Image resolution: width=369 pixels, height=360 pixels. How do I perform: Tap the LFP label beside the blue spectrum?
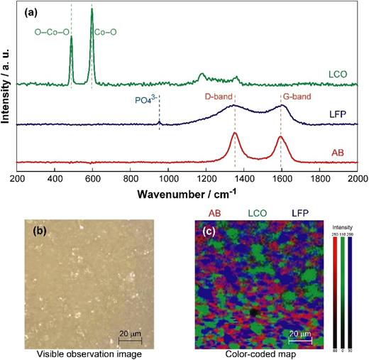[338, 114]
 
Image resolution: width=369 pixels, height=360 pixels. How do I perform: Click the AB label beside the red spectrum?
[340, 153]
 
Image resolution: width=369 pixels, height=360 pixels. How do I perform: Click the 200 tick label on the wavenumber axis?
[18, 179]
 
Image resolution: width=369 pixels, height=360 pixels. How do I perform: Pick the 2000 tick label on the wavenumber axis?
[357, 179]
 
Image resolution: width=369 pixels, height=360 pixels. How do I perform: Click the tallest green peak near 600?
[92, 10]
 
